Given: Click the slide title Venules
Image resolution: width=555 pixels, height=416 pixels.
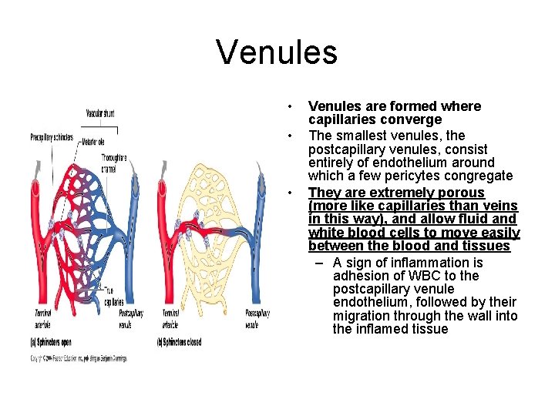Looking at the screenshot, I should pos(277,52).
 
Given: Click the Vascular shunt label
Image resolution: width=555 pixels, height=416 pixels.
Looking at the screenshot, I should pos(101,113).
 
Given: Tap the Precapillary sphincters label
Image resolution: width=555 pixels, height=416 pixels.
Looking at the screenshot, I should pos(52,138).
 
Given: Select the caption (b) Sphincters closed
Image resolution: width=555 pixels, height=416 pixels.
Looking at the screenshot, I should pos(182,342).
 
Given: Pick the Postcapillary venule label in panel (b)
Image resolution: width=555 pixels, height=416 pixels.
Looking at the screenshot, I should pos(257,318).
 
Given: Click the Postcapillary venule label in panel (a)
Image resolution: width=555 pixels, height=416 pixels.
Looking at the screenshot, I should pos(131,318).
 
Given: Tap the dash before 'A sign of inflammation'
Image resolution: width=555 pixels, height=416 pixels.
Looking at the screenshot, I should pos(320,263).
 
